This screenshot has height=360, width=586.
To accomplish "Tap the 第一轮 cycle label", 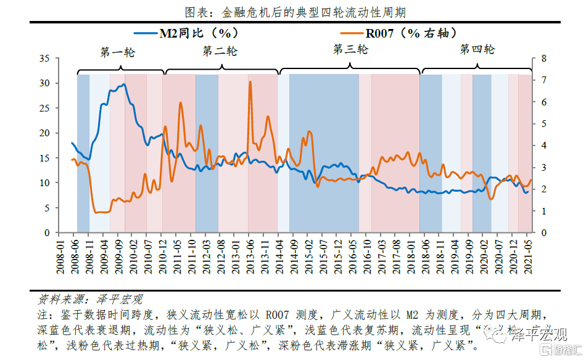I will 117,52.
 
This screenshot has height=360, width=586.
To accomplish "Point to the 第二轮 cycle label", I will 220,52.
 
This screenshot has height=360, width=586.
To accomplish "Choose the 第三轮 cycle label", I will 350,49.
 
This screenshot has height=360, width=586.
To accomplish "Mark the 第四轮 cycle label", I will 477,50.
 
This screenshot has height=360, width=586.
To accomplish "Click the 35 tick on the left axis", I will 44,59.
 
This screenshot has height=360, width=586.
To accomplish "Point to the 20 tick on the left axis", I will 44,133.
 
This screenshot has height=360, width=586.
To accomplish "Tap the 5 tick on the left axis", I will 47,208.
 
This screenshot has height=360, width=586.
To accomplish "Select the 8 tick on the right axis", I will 543,59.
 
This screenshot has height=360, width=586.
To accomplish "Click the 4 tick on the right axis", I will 543,145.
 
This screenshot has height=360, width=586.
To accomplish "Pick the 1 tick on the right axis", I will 543,211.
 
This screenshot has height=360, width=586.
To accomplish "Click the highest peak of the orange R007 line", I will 250,82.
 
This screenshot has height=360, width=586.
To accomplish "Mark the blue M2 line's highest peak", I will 124,84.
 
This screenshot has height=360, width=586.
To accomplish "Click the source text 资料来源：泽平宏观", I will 90,300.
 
